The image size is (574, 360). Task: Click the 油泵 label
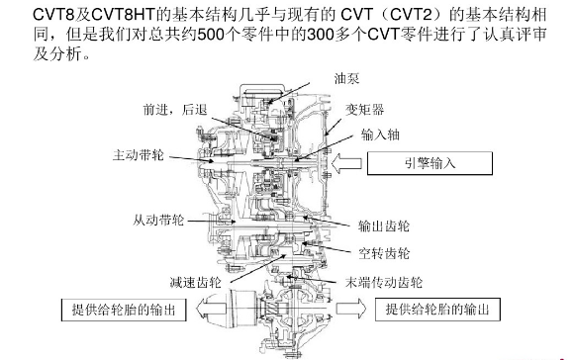click(346, 79)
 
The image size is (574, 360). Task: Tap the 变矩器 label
click(364, 110)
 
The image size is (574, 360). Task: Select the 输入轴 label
click(380, 135)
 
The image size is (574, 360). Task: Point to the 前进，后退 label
click(175, 110)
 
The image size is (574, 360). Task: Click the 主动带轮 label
click(138, 155)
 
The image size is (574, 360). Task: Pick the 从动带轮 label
click(157, 221)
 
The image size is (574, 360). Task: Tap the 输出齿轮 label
click(384, 226)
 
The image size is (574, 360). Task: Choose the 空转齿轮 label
click(384, 253)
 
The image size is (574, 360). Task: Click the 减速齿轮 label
click(196, 282)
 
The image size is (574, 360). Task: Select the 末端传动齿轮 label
click(384, 282)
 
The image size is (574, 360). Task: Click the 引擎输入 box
click(430, 163)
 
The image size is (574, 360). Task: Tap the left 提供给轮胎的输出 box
click(124, 310)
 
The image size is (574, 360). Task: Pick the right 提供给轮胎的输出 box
click(437, 310)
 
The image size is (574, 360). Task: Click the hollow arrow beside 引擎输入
click(346, 163)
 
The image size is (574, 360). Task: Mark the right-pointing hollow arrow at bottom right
click(351, 309)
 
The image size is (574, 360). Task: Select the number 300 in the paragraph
click(321, 35)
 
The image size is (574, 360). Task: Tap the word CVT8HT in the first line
click(124, 15)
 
